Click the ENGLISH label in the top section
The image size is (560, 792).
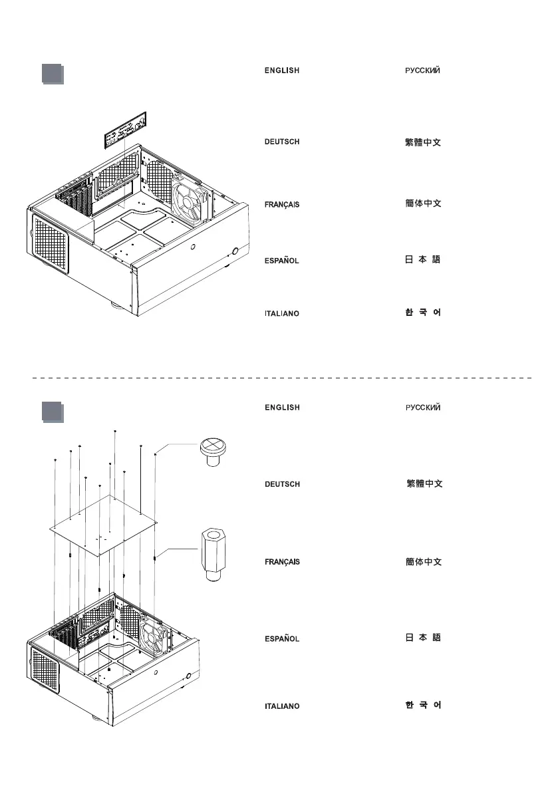[282, 70]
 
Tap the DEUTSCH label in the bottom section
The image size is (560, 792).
[282, 485]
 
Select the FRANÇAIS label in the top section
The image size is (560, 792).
[282, 205]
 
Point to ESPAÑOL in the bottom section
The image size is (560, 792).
[282, 639]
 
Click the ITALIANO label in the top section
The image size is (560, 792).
[282, 314]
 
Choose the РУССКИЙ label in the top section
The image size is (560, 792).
[423, 70]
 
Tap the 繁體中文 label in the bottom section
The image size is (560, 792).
[424, 484]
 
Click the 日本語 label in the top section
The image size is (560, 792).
[423, 259]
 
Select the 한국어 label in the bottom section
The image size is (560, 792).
[423, 705]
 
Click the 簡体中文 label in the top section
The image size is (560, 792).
[423, 203]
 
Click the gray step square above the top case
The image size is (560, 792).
[52, 74]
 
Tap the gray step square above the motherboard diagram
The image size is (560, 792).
[52, 412]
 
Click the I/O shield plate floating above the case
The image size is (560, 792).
[126, 130]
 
